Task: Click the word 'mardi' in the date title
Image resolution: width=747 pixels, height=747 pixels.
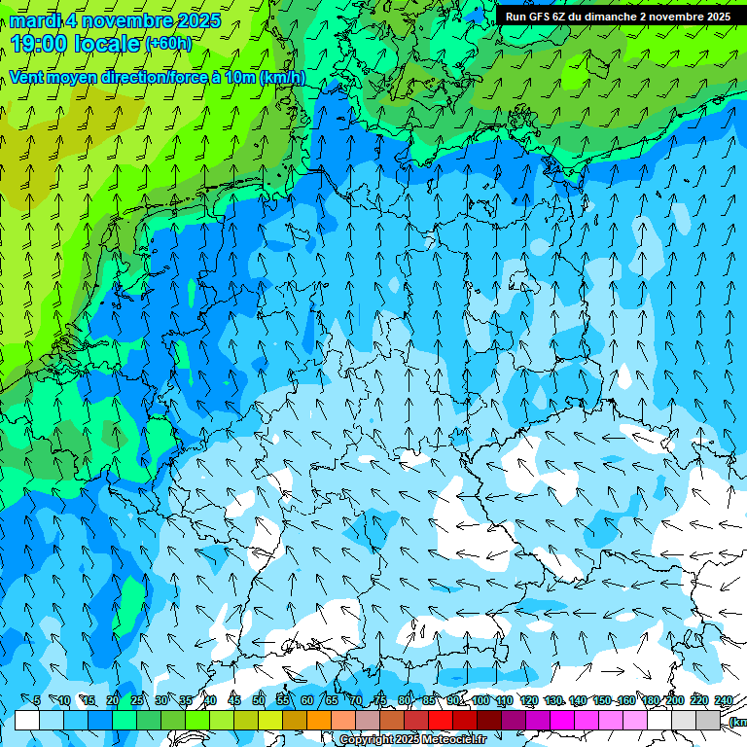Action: click(x=35, y=20)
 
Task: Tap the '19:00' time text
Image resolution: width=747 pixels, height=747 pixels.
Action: click(x=41, y=44)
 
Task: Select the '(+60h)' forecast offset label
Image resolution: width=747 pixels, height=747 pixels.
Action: click(x=168, y=44)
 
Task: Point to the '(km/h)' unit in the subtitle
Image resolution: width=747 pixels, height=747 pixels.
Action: click(x=282, y=77)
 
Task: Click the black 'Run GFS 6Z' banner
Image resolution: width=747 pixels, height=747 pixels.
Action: click(x=618, y=17)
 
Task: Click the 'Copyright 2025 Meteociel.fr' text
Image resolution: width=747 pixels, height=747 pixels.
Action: click(x=412, y=739)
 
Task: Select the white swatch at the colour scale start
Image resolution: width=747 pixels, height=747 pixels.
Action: click(x=27, y=720)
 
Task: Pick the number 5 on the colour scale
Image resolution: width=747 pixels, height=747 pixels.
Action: click(x=37, y=700)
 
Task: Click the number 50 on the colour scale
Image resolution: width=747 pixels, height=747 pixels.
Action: click(x=259, y=700)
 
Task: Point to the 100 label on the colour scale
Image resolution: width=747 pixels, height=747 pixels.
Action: click(x=480, y=700)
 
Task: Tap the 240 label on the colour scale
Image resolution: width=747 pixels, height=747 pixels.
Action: click(x=724, y=700)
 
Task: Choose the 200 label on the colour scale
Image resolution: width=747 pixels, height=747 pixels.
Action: click(x=675, y=700)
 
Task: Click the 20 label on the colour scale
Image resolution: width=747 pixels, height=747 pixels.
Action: click(x=113, y=700)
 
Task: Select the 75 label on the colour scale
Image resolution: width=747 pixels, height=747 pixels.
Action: click(x=380, y=700)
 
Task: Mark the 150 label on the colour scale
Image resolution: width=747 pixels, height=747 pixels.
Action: click(x=602, y=700)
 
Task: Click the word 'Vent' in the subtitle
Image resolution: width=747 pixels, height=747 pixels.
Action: click(x=27, y=77)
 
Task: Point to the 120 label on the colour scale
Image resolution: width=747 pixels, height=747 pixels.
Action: click(x=529, y=700)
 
